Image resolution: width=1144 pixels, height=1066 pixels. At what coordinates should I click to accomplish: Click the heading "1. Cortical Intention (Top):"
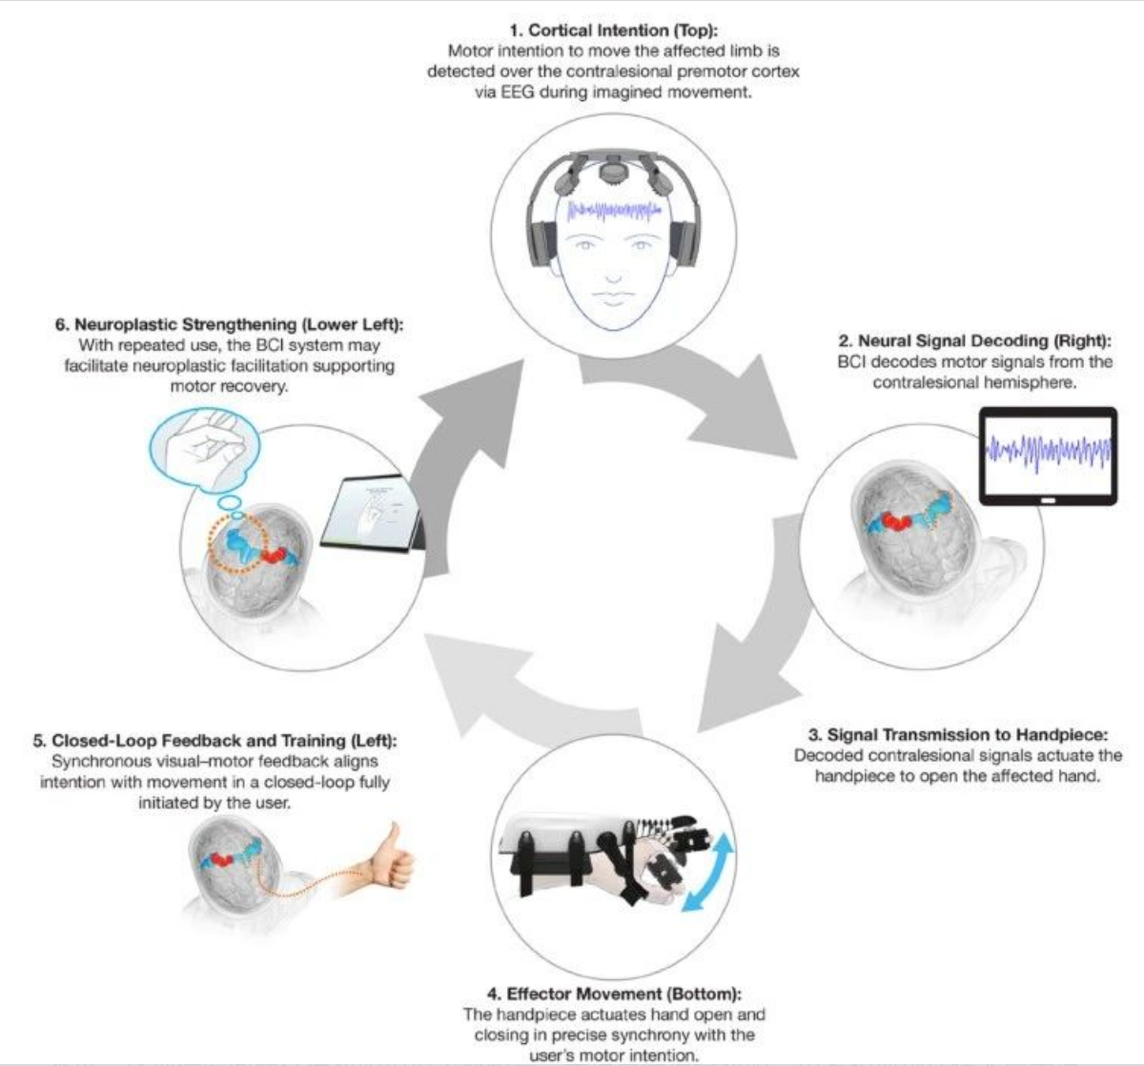tap(614, 30)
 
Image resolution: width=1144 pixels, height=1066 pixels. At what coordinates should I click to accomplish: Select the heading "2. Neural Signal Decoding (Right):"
tap(974, 340)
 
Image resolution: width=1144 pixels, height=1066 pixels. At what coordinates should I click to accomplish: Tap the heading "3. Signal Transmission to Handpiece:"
tap(958, 735)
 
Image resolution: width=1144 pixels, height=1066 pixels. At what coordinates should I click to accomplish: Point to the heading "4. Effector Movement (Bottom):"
tap(614, 994)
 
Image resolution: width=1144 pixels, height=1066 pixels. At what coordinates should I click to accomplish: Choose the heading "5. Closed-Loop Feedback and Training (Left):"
tap(214, 740)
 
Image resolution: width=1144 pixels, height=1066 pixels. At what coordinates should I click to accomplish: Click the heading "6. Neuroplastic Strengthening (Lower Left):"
tap(229, 324)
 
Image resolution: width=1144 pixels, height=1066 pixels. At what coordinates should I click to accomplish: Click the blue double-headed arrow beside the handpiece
tap(708, 873)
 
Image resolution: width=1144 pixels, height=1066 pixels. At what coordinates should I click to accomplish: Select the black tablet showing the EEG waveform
tap(1049, 457)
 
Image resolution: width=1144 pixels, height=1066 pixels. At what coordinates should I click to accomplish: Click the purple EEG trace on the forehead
tap(614, 212)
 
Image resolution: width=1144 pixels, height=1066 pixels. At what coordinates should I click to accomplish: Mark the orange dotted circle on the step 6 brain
tap(238, 543)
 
